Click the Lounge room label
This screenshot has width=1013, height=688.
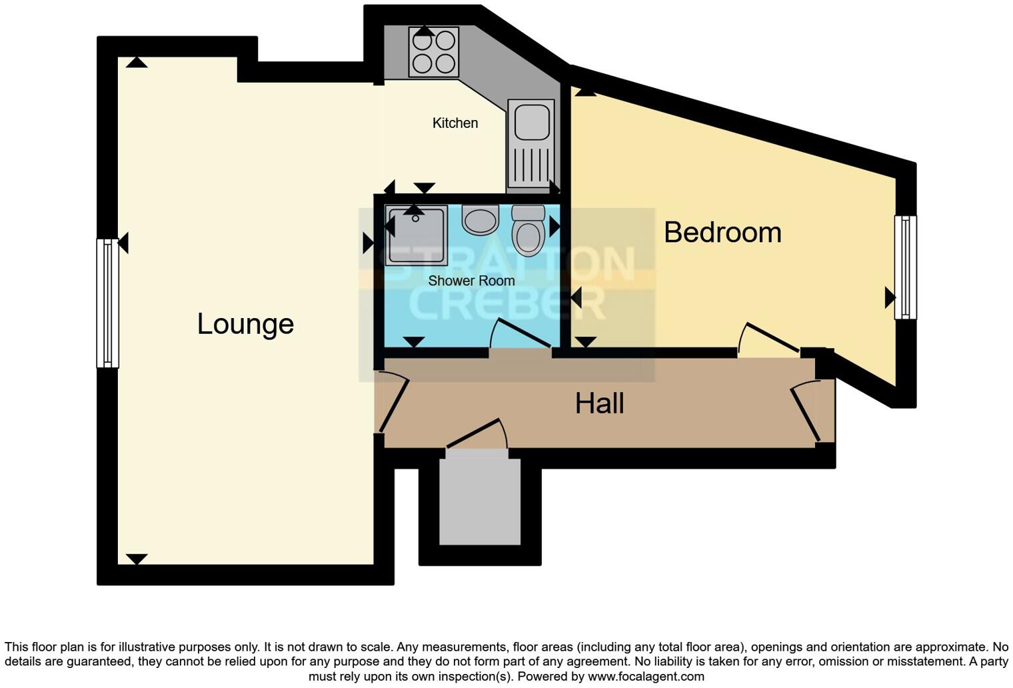pos(245,324)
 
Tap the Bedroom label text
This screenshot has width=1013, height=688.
pos(722,233)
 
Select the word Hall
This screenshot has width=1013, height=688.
pos(599,403)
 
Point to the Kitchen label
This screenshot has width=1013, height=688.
pos(455,123)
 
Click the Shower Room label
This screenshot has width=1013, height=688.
pos(471,281)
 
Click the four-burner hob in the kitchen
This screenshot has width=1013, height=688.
pos(434,52)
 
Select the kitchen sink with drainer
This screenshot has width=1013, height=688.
pos(531,143)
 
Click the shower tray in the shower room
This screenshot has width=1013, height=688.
pos(416,235)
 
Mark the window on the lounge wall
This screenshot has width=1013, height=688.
pos(107,303)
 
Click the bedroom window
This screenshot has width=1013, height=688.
pos(905,267)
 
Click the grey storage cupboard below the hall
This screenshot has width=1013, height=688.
pos(480,497)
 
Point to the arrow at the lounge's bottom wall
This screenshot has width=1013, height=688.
pos(137,559)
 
